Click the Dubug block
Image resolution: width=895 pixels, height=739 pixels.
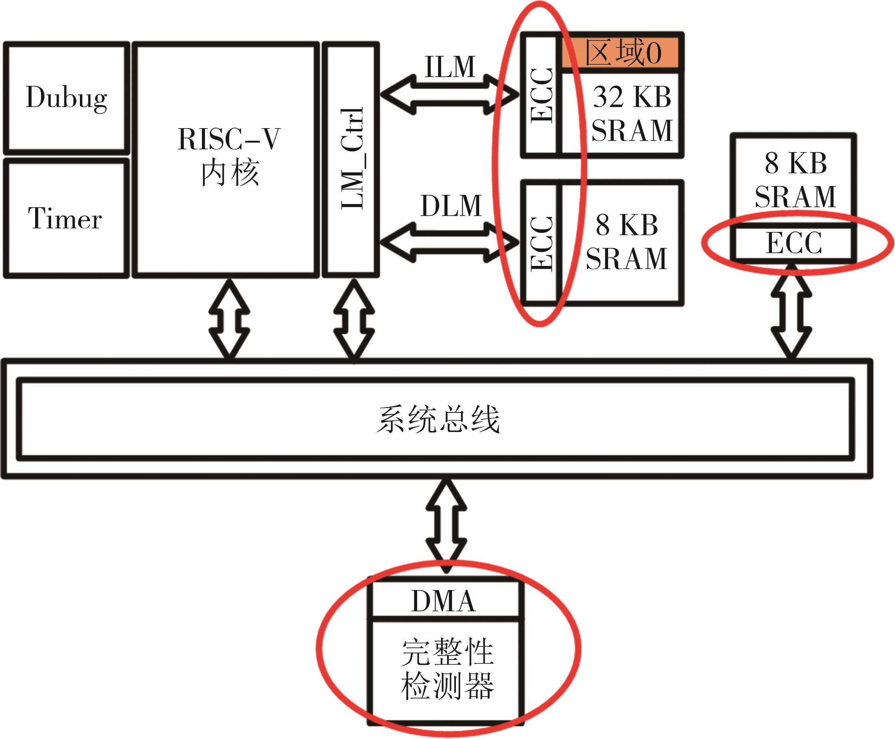coord(66,98)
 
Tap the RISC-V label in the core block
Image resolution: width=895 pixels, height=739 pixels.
coord(229,139)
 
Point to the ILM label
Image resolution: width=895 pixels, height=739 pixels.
coord(450,67)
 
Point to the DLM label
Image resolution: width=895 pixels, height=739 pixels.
coord(451,206)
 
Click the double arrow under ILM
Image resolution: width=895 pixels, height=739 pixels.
coord(449,95)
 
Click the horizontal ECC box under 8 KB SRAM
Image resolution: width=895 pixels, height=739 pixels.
coord(794,243)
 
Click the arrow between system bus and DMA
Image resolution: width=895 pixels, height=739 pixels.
coord(446,527)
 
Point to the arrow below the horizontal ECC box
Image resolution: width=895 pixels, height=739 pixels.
coord(792,311)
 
